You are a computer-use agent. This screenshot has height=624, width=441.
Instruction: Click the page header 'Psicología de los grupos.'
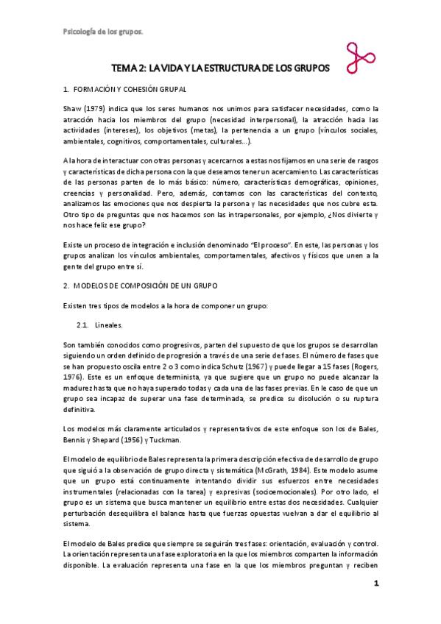click(101, 32)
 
